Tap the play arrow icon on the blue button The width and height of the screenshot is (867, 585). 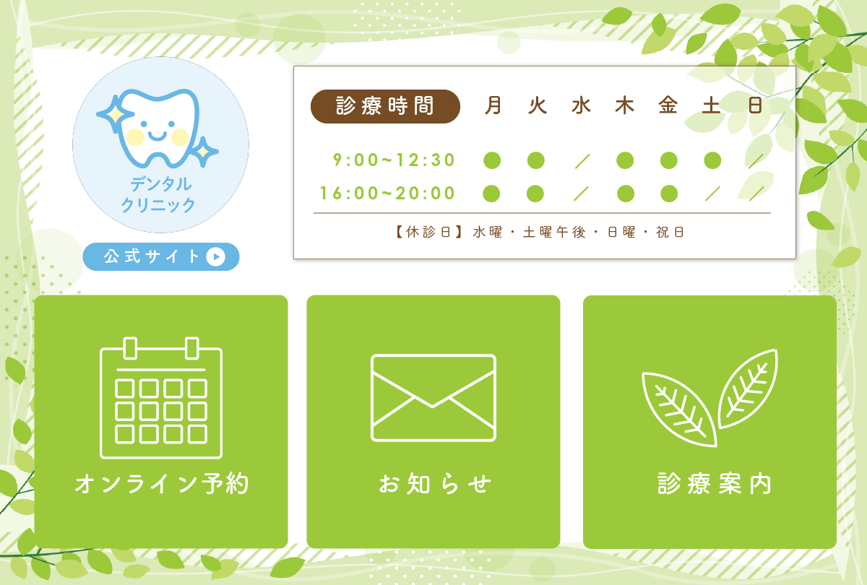point(215,256)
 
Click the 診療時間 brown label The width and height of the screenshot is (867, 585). point(385,107)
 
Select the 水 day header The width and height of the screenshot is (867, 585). point(581,106)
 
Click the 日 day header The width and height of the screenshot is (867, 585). point(756,106)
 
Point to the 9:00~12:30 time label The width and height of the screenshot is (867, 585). point(394,160)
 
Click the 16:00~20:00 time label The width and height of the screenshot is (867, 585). point(388,194)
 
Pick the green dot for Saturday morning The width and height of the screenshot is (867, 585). point(712,160)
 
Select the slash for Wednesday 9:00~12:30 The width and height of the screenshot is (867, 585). point(582,160)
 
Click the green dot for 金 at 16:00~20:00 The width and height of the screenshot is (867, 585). point(669,194)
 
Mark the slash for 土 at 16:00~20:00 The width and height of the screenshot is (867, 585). point(712,194)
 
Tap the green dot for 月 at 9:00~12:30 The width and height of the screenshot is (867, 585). point(492,160)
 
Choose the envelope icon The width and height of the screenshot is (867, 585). point(433,398)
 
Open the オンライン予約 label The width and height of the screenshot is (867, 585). point(161,484)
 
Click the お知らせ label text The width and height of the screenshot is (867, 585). point(434,484)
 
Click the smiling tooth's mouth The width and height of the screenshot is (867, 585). point(157,136)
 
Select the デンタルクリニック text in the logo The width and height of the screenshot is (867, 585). point(159,194)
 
